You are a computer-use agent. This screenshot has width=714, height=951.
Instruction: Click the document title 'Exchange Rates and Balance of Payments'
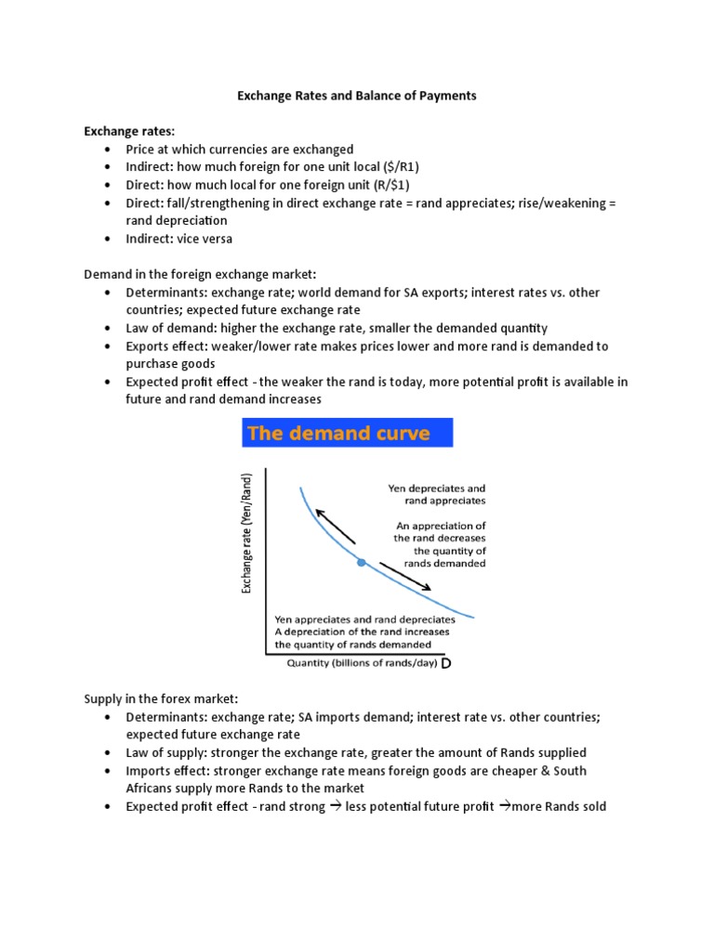click(357, 97)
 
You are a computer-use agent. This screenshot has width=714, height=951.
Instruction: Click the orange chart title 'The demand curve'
click(338, 434)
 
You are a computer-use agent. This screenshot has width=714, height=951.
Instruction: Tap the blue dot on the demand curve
click(361, 563)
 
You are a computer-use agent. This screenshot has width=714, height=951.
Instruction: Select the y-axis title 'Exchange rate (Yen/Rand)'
click(247, 533)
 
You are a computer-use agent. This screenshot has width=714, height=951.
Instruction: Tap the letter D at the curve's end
click(446, 665)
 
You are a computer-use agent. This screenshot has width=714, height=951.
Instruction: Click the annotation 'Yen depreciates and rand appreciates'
click(436, 494)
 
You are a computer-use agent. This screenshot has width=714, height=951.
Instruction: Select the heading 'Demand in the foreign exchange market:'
click(200, 274)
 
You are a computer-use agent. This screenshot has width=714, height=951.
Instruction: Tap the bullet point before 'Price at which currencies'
click(108, 150)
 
